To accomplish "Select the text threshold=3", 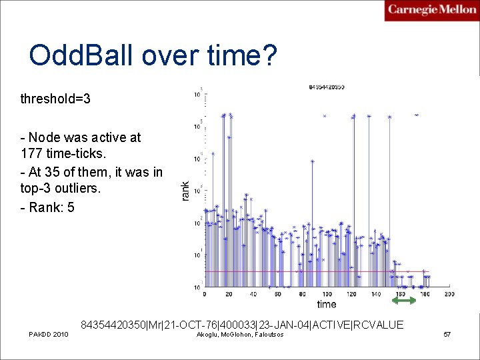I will [x=55, y=99].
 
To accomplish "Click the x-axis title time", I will [x=326, y=304].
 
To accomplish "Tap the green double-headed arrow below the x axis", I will [x=403, y=301].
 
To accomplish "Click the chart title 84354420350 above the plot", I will [x=327, y=87].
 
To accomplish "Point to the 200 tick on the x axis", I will [x=449, y=294].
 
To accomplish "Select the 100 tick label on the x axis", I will [x=326, y=294].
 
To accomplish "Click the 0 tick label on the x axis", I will [x=204, y=294].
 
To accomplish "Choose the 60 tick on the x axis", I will [x=277, y=294].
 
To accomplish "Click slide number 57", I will [x=447, y=334].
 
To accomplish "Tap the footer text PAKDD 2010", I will [x=48, y=334].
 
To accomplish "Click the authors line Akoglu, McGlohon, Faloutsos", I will [x=241, y=334].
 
